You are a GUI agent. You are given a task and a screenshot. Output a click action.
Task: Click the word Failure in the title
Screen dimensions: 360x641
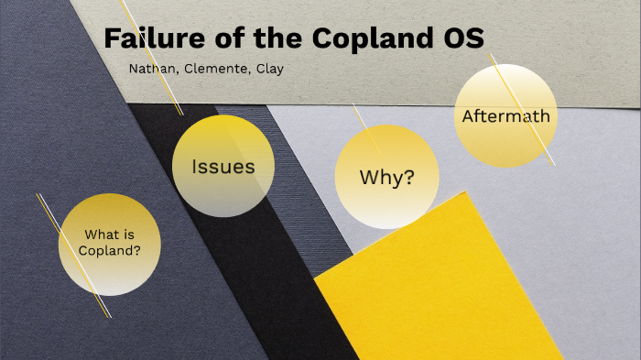(147, 39)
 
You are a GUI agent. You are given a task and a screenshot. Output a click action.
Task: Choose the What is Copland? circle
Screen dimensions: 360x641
(110, 245)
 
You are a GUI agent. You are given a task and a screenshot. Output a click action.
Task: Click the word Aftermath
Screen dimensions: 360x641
(505, 116)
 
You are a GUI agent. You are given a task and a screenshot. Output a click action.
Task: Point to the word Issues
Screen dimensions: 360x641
(223, 167)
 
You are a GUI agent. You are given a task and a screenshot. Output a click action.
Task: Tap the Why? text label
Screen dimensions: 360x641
(386, 177)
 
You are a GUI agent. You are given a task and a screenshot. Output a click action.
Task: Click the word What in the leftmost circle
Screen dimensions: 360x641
(98, 234)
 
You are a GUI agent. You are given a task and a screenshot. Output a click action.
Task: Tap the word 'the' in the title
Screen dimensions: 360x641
(277, 39)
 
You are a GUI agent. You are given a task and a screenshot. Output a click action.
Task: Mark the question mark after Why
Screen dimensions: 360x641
(407, 177)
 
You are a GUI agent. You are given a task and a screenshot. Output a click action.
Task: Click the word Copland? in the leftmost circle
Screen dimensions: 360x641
(109, 251)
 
